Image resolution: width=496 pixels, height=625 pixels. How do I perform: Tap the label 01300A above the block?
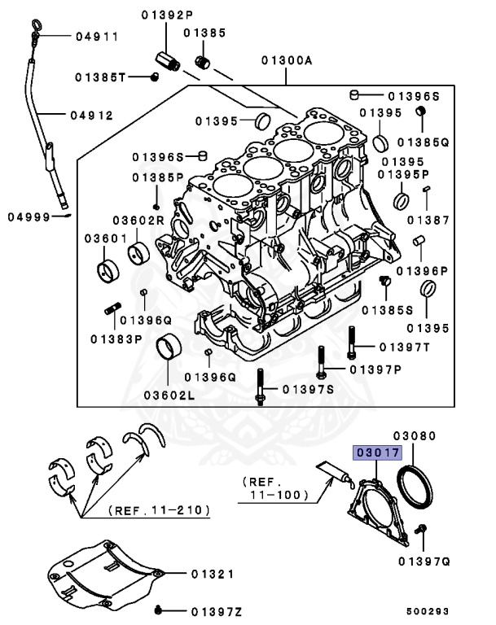click(287, 60)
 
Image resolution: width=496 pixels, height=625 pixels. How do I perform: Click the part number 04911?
click(97, 37)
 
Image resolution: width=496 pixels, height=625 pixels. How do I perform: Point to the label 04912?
click(91, 115)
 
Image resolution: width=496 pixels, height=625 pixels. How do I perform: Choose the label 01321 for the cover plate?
click(213, 575)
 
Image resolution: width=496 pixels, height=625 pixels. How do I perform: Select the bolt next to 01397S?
click(260, 387)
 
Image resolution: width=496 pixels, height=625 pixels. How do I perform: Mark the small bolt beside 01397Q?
click(422, 531)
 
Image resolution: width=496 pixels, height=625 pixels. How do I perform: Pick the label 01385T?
click(101, 78)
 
